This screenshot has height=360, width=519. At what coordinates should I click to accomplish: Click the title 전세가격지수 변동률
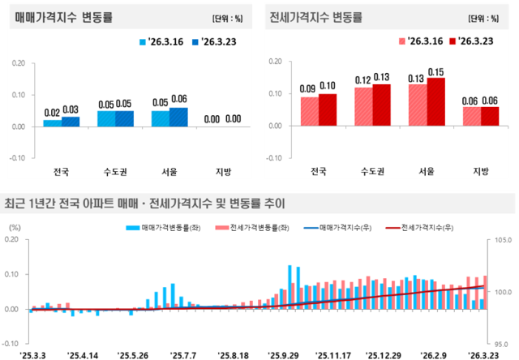click(317, 16)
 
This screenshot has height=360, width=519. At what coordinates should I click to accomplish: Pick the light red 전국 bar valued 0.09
click(308, 112)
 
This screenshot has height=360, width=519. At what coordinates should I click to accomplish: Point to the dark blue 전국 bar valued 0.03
click(71, 122)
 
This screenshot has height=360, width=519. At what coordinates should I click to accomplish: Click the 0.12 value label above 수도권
click(363, 80)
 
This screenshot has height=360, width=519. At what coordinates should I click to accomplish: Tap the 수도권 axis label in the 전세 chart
click(372, 171)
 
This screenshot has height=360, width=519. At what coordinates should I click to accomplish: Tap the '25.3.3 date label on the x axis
click(34, 354)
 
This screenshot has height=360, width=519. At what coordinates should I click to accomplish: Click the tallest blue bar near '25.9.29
click(290, 287)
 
